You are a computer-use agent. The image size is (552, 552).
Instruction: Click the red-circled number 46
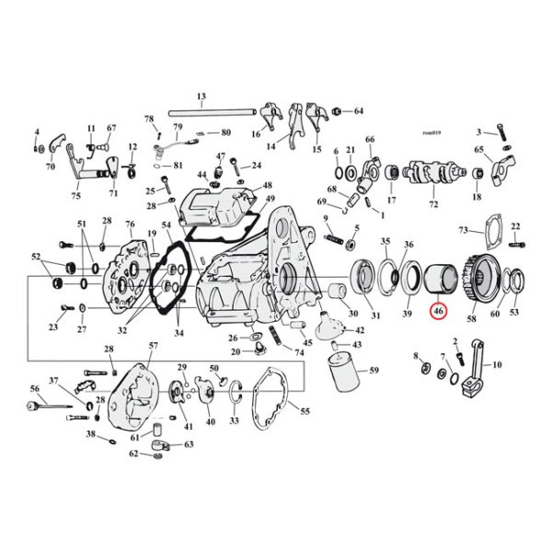[439, 313]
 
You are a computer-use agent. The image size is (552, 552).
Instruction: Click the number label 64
[359, 111]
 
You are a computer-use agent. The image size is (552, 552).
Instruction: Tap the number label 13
[201, 97]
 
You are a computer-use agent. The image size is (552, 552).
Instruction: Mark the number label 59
[374, 371]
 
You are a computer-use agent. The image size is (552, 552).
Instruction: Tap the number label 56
[35, 389]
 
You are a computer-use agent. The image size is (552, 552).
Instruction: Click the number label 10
[499, 365]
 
